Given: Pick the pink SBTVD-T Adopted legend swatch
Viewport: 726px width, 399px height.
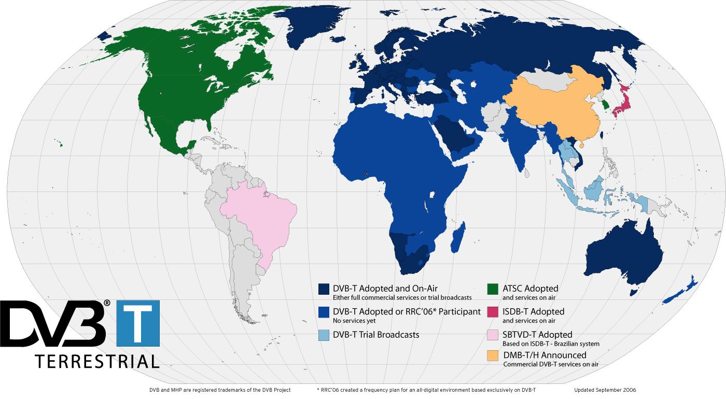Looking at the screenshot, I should click(x=493, y=336).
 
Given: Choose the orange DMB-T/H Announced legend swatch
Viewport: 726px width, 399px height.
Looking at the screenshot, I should click(x=493, y=356).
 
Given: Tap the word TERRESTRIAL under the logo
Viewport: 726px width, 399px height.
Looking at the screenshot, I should click(x=96, y=361).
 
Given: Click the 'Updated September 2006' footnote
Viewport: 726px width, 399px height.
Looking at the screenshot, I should click(x=605, y=390).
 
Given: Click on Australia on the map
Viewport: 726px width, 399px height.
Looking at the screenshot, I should click(x=622, y=254).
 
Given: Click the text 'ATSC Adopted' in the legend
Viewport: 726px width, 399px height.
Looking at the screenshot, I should click(x=530, y=288).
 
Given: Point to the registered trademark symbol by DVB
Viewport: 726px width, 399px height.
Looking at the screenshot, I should click(x=107, y=302).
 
